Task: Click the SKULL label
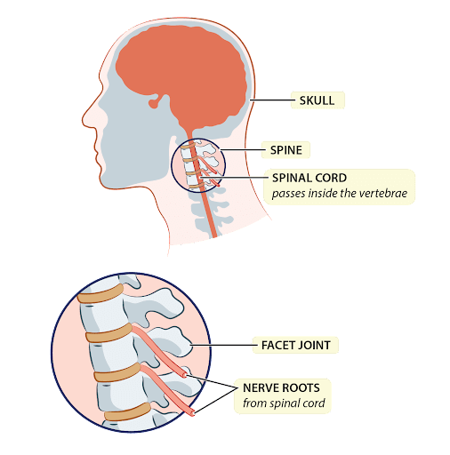coord(317,100)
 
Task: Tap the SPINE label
coord(286,150)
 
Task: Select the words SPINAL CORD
coord(309,178)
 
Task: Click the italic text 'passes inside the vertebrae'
coord(340,194)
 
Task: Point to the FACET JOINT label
coord(296,345)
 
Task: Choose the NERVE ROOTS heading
coord(281,387)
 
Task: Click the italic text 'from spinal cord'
coord(284,403)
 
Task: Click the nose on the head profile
coord(86,120)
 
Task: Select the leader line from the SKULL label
coord(272,100)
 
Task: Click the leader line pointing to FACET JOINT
coord(224,345)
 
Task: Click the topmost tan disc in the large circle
coord(100,293)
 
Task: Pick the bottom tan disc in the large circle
coord(127,411)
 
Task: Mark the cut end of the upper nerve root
coord(185,376)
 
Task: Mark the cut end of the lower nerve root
coord(193,411)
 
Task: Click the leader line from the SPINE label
coord(243,149)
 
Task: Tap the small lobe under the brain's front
coord(155,103)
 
